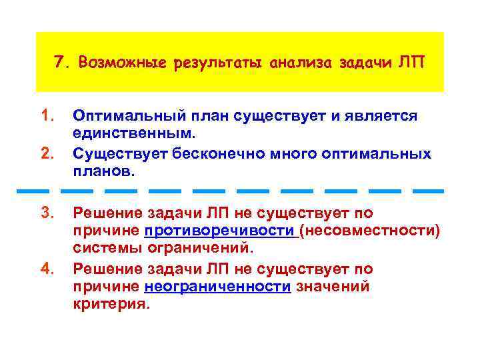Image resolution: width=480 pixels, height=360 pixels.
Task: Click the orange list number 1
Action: click(x=46, y=117)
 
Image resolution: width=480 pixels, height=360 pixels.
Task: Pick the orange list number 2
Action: click(x=46, y=155)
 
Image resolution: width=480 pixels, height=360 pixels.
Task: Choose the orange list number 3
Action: click(x=46, y=213)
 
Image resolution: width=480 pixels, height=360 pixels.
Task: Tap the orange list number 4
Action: click(x=46, y=269)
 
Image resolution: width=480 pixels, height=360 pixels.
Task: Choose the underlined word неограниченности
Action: click(x=217, y=287)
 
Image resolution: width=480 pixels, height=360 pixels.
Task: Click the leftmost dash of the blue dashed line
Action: click(x=31, y=191)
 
